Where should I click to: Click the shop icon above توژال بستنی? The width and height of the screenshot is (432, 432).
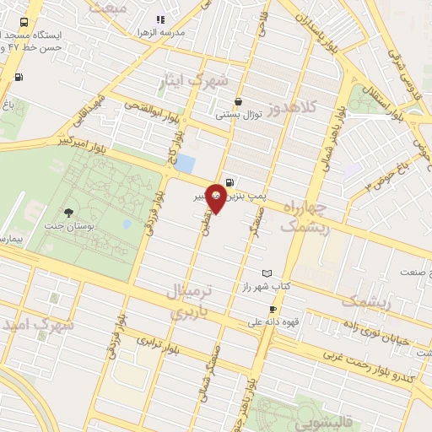tap(239, 100)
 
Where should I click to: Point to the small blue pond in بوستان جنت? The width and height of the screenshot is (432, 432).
tap(127, 224)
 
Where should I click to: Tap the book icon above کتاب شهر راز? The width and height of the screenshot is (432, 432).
tap(267, 274)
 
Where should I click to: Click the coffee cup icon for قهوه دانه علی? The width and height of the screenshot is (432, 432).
tap(273, 309)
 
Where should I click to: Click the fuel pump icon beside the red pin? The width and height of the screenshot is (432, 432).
tap(230, 181)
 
